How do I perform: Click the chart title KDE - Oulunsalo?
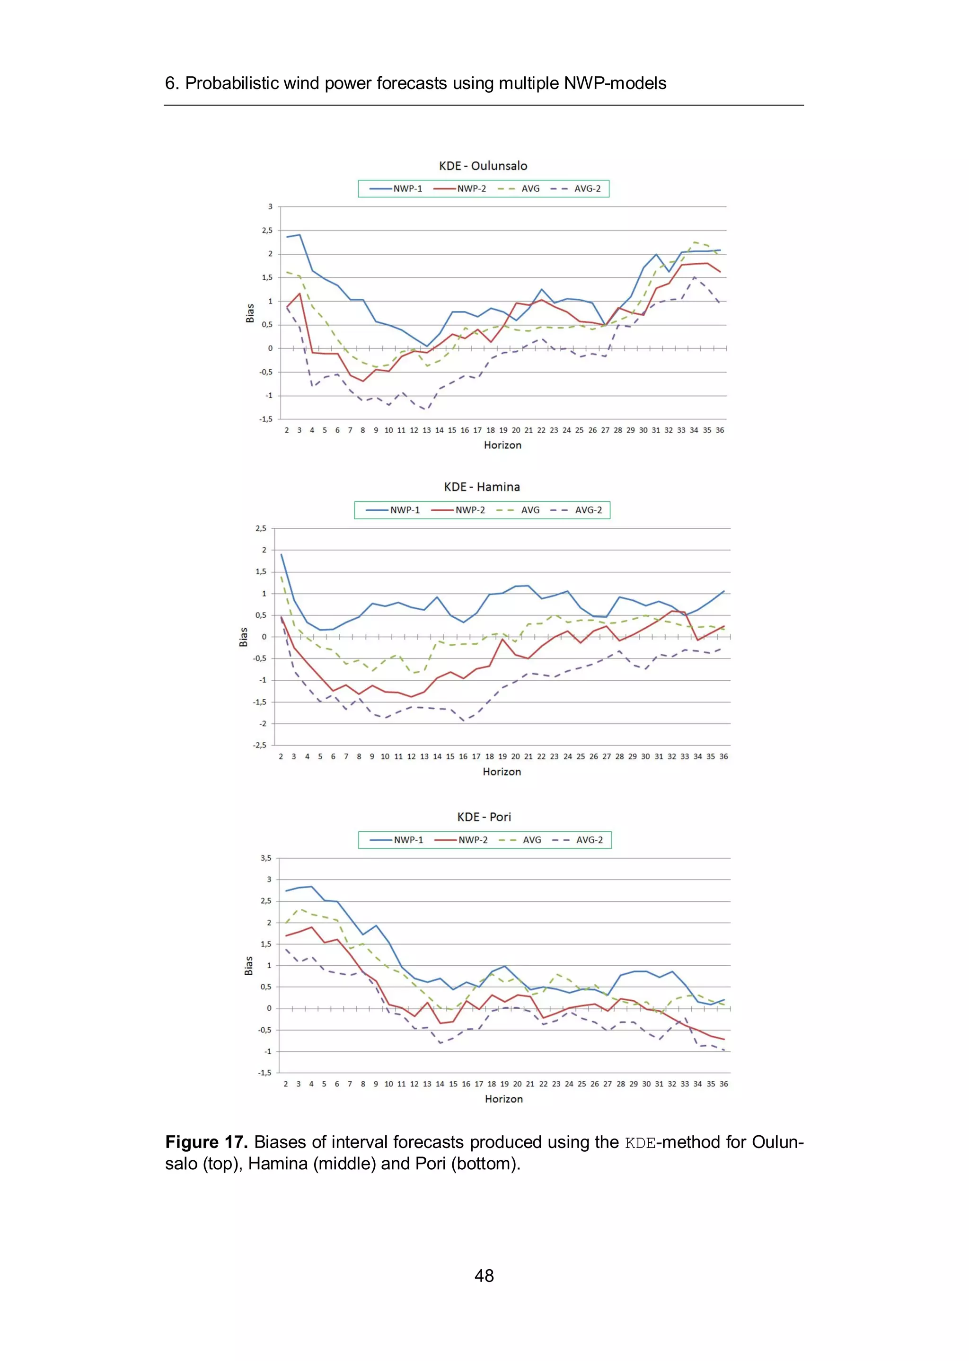coord(483,166)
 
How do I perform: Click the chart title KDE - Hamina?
coord(482,487)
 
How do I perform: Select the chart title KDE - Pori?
coord(484,817)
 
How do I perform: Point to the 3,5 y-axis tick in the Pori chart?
coord(265,858)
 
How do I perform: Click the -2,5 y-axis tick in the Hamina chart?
coord(260,746)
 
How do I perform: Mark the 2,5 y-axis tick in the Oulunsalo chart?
coord(267,231)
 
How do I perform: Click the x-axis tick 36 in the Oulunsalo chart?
coord(720,430)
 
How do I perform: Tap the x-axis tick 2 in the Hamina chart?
coord(281,757)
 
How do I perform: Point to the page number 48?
coord(484,1276)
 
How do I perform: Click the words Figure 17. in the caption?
coord(206,1142)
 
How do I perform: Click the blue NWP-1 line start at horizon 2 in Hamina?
coord(282,554)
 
